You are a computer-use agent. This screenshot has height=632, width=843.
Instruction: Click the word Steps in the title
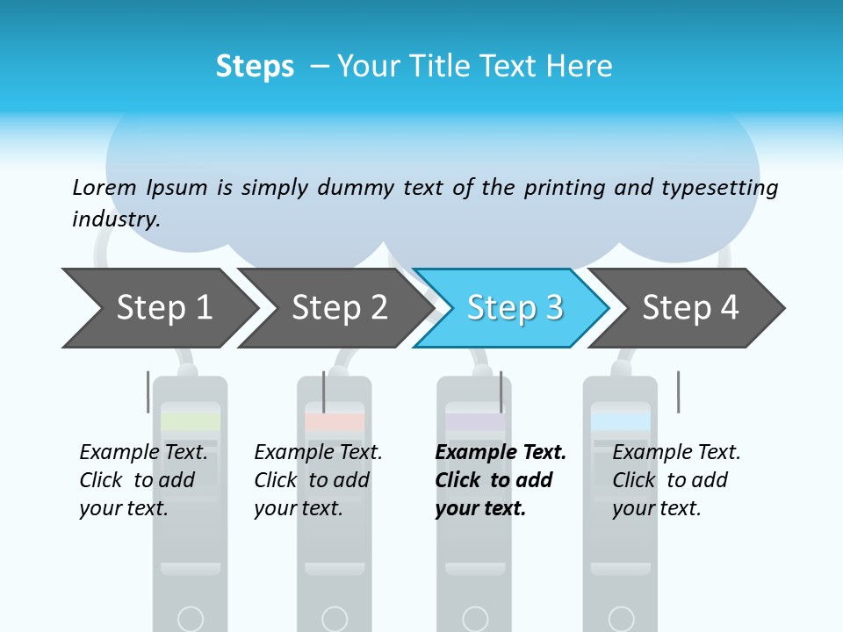(255, 66)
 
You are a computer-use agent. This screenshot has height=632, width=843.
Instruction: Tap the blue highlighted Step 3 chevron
(515, 308)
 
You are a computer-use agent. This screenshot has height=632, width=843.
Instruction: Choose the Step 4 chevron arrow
(690, 308)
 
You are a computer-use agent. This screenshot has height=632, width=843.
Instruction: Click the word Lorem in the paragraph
(104, 187)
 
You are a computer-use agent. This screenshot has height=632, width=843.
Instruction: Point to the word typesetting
(719, 188)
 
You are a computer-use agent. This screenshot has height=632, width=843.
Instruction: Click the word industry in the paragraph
(116, 219)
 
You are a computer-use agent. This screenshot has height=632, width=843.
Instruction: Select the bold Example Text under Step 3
(501, 453)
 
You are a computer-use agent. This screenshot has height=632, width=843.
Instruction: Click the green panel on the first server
(191, 422)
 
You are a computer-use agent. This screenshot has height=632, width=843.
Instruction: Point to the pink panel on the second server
(335, 422)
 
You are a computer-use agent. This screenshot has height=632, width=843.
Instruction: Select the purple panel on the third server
(474, 422)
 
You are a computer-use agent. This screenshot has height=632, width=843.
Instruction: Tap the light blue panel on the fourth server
(621, 422)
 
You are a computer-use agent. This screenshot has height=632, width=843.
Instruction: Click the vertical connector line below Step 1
(148, 391)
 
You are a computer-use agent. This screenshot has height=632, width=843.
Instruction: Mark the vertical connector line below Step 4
(678, 391)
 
